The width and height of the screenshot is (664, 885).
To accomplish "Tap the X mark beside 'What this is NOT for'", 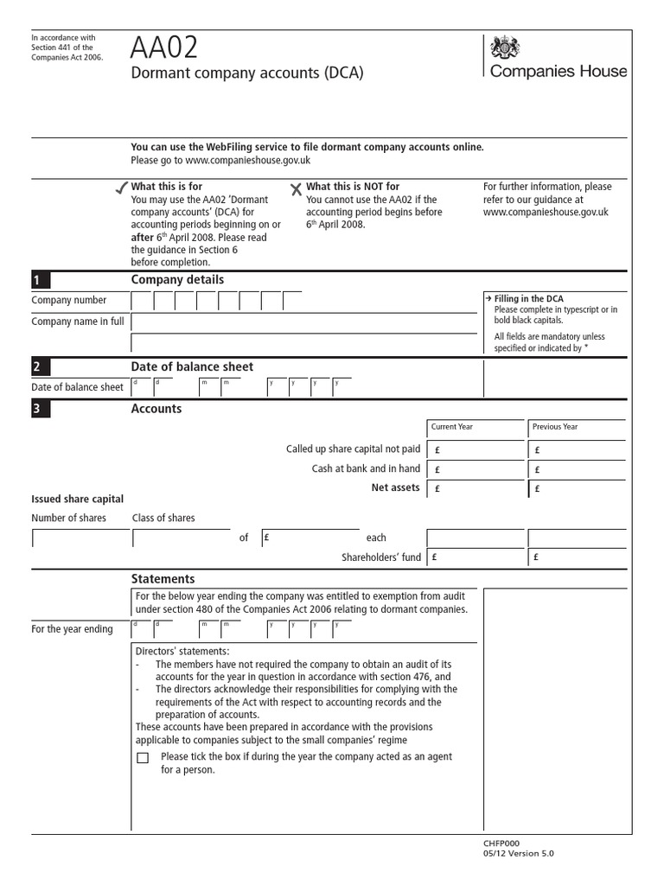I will pos(297,188).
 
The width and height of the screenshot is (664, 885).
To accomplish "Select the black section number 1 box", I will pos(41,280).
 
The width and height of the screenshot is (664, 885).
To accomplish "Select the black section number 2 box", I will pos(41,366).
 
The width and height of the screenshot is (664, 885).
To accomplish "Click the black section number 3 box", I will pos(41,410).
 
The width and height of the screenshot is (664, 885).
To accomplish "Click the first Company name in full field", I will pos(306,322).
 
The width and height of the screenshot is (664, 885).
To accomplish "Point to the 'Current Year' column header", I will pos(452,427).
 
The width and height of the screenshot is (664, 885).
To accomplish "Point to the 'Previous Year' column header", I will pos(555,427).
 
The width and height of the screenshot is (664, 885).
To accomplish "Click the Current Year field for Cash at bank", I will pos(476,469).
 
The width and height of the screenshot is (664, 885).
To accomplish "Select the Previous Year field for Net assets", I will pos(577,488).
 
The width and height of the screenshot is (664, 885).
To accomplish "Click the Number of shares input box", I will pos(77,538).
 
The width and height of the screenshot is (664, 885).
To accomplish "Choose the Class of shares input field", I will pos(182,538).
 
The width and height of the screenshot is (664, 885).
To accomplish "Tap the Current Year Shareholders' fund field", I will pos(476,557).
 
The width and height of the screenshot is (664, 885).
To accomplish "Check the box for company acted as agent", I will pos(143,758).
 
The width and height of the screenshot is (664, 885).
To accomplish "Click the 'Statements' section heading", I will pos(163,579).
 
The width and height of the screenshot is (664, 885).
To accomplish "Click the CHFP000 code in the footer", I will pos(502,844).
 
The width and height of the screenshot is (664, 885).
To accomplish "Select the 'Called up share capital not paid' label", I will pos(353,449).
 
